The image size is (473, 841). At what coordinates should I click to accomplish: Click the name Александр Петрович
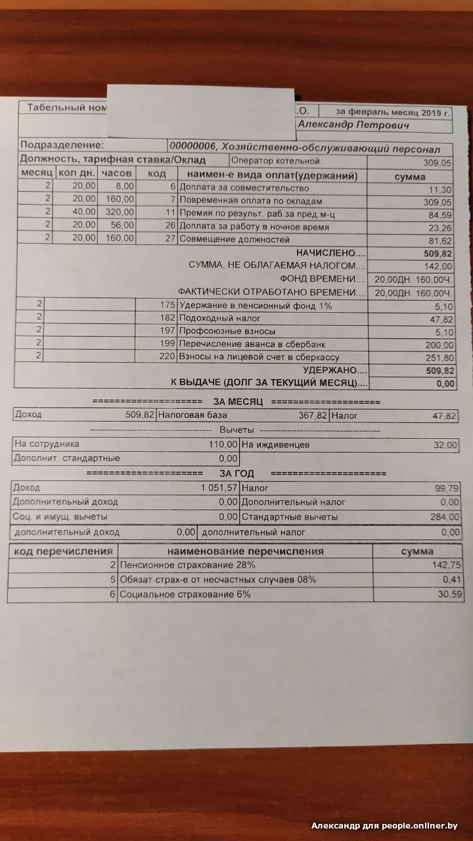click(x=353, y=125)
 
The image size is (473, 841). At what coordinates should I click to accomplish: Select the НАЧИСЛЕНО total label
click(x=330, y=253)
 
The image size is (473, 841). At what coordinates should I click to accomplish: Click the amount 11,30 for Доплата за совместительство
click(x=439, y=189)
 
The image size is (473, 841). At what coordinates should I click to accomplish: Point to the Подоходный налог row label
click(x=210, y=319)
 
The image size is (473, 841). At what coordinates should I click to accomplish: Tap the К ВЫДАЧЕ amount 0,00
click(x=445, y=384)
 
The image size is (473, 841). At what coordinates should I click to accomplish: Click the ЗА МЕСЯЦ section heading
click(x=237, y=401)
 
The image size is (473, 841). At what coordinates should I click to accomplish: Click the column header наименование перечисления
click(x=245, y=551)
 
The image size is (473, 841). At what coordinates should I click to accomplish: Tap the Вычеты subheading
click(x=237, y=430)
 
